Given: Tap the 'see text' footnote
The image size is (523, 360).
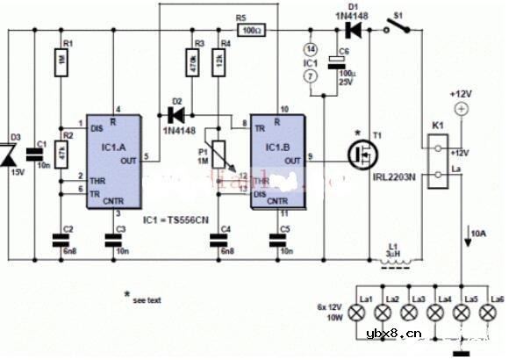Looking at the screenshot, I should click(145, 299).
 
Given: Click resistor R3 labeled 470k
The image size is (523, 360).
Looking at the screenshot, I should click(191, 63).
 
